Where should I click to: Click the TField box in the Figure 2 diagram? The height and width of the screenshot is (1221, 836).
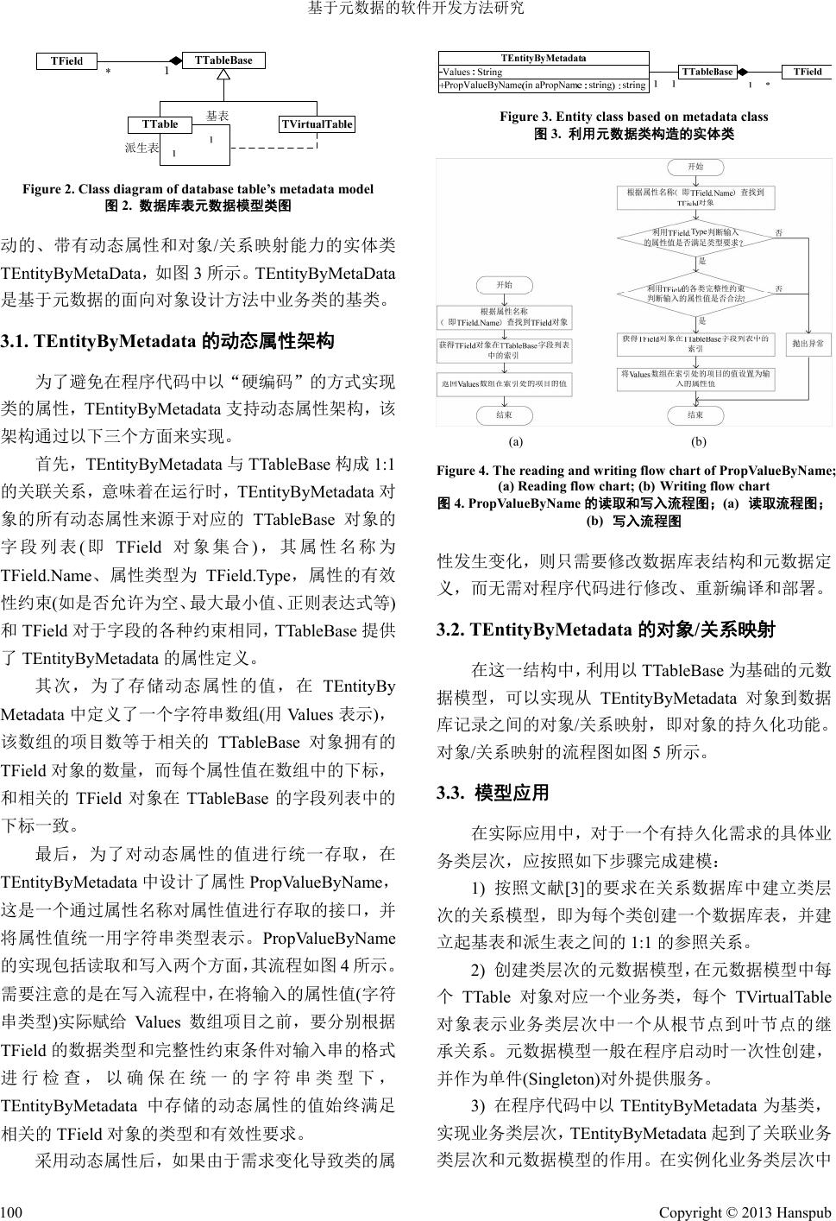pos(66,60)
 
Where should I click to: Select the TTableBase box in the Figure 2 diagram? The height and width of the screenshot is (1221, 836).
pos(223,60)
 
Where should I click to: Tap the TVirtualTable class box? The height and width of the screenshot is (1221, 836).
pos(317,123)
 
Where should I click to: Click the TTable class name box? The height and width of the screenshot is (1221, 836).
pos(160,123)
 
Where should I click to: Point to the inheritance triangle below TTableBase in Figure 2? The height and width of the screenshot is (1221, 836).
pos(223,75)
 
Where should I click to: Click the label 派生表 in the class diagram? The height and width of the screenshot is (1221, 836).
pos(141,148)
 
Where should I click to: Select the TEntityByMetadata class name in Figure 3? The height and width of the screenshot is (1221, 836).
pos(543,58)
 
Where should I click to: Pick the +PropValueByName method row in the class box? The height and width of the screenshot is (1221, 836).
pos(543,85)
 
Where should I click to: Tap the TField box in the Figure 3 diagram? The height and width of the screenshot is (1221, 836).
pos(807,72)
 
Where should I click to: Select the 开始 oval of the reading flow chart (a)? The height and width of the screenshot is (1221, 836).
pos(504,284)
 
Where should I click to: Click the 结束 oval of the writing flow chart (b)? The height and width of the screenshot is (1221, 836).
pos(695,415)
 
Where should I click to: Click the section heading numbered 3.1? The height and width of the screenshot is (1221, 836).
pos(167,341)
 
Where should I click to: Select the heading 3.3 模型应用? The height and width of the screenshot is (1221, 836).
pos(493,793)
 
